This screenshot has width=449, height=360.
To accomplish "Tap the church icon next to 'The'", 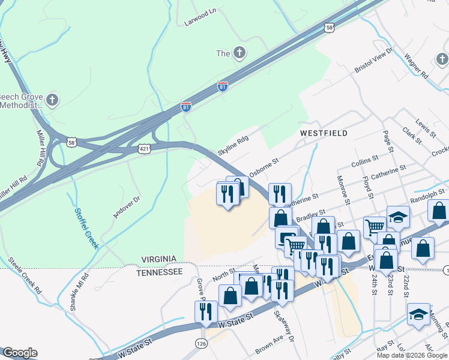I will coord(239,53).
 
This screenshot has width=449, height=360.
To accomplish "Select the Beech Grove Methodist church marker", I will coord(52,100).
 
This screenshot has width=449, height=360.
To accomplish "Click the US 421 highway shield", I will coord(144,149).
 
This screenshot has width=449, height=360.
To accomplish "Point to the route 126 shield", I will coord(200,343).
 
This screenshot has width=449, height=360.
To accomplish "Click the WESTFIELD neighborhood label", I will coord(324,133).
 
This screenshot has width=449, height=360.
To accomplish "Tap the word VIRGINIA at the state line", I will coord(159,259).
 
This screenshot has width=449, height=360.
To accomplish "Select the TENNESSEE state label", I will coord(159,272).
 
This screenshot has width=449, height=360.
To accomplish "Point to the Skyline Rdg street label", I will coord(233,145).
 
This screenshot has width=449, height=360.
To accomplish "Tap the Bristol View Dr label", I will coord(373,61).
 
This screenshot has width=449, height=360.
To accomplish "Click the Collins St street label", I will coord(365,160).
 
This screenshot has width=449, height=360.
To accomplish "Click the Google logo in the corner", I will coord(19,353).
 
